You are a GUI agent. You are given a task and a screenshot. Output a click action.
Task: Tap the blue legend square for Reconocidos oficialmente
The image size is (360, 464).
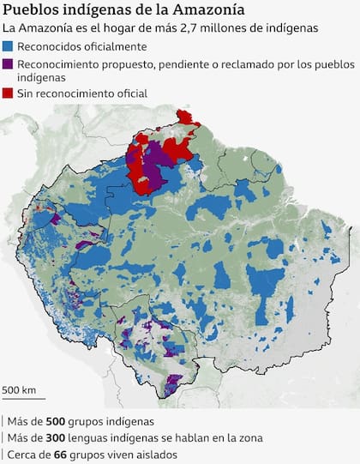tap(9, 46)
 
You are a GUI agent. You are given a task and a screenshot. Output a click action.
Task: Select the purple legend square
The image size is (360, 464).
tap(9, 63)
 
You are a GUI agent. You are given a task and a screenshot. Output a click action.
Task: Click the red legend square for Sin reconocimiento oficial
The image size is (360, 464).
tap(9, 93)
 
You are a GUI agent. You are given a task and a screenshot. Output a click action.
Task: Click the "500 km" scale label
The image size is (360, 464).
tap(19, 390)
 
